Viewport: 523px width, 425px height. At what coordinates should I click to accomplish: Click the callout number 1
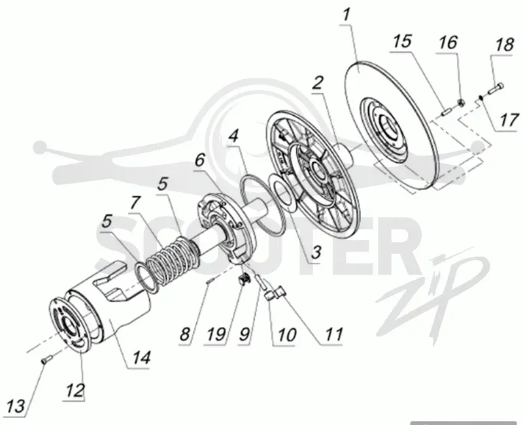tap(347, 14)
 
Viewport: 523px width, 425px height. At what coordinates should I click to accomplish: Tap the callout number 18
tap(504, 45)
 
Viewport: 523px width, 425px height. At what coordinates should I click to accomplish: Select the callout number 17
tap(509, 120)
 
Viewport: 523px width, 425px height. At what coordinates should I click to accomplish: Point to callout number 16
tap(448, 42)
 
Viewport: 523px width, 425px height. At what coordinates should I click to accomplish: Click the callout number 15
tap(401, 41)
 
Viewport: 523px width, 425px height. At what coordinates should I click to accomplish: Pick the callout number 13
tap(16, 406)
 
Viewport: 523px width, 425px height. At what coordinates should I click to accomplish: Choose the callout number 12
tap(75, 390)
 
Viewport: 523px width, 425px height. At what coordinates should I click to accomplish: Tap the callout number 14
tap(141, 358)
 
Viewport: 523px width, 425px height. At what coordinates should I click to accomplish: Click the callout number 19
tap(216, 334)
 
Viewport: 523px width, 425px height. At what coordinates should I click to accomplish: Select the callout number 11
tap(333, 334)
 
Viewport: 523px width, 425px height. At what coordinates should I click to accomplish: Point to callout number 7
tap(135, 202)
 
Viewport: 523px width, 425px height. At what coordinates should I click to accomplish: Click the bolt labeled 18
tap(496, 89)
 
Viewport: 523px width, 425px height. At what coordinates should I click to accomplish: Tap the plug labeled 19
tap(244, 279)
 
